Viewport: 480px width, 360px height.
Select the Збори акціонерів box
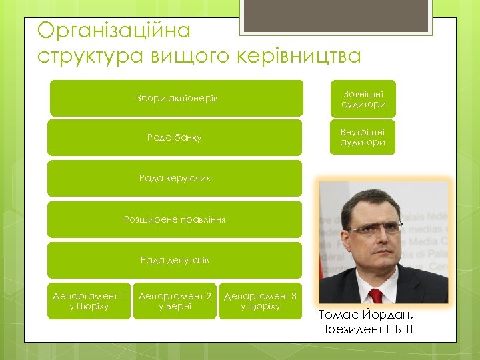(176, 99)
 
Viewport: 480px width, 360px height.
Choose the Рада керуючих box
(175, 178)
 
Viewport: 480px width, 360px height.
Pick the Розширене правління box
(175, 219)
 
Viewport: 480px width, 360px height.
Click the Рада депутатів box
(175, 260)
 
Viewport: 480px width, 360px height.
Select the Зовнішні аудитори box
(363, 99)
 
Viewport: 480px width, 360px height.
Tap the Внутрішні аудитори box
(363, 137)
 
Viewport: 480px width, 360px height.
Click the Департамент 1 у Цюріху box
(89, 301)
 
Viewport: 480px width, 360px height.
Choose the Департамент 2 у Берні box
(175, 301)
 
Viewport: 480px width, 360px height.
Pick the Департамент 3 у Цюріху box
(261, 301)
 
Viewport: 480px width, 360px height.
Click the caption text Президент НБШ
(366, 329)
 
